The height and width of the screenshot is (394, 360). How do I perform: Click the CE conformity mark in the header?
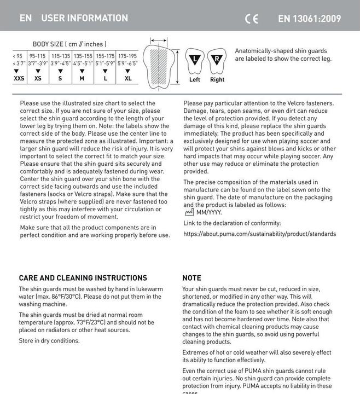pyautogui.click(x=252, y=19)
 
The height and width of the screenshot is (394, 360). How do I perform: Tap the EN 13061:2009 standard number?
pyautogui.click(x=309, y=19)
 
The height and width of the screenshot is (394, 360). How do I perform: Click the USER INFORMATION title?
pyautogui.click(x=85, y=18)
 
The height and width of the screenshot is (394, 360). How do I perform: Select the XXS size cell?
pyautogui.click(x=19, y=78)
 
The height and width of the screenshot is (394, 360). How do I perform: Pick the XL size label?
pyautogui.click(x=128, y=78)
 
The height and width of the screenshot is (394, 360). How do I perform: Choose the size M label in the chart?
pyautogui.click(x=82, y=78)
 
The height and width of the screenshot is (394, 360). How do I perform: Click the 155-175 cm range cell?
pyautogui.click(x=105, y=56)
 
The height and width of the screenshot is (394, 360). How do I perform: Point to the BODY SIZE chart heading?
pyautogui.click(x=69, y=44)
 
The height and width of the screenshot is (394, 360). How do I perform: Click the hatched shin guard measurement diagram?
pyautogui.click(x=161, y=63)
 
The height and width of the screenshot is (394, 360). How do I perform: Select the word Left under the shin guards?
pyautogui.click(x=195, y=80)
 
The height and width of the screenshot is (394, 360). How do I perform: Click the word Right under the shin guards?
pyautogui.click(x=217, y=80)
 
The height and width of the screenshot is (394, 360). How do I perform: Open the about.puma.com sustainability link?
pyautogui.click(x=259, y=234)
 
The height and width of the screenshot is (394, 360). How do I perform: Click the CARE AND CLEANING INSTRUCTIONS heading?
pyautogui.click(x=83, y=278)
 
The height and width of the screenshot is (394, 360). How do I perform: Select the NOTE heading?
pyautogui.click(x=191, y=278)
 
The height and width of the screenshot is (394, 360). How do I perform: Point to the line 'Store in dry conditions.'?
pyautogui.click(x=49, y=341)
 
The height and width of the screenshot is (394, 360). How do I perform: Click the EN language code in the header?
pyautogui.click(x=26, y=18)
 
